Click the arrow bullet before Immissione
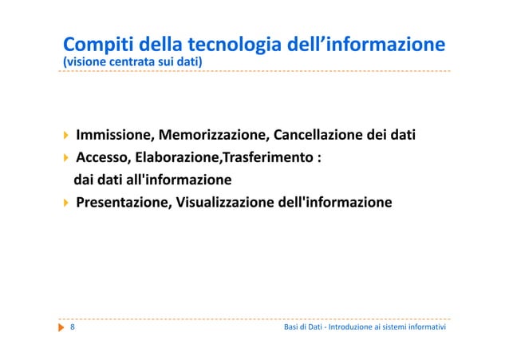tap(66, 134)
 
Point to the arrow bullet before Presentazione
tap(66, 202)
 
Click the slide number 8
tap(73, 327)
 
